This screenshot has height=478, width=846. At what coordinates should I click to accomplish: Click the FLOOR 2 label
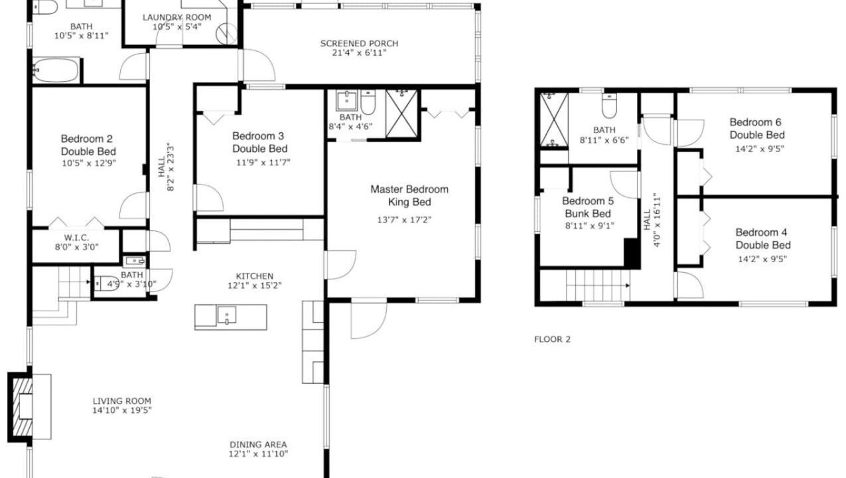point(552,339)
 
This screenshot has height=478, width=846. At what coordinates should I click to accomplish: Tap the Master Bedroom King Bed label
point(409,195)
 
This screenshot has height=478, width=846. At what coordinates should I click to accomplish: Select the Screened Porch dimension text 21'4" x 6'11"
point(359,53)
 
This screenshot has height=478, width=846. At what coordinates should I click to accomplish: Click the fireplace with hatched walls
point(21,406)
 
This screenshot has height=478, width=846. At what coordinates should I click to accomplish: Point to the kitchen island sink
point(227,315)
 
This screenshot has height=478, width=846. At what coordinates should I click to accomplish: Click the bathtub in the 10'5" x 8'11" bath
point(56,70)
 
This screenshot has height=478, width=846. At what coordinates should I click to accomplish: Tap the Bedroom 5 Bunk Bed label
point(588,207)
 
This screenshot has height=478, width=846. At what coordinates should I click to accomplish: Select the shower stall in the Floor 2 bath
point(554,119)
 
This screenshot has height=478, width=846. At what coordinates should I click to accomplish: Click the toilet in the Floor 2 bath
point(609,106)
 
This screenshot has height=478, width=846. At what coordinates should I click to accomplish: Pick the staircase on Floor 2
point(597,285)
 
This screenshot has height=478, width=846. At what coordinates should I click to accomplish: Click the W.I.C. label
point(77,238)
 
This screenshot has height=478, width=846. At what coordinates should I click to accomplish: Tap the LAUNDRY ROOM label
point(176,17)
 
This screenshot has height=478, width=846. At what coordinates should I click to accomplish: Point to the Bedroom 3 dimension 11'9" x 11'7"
point(263,163)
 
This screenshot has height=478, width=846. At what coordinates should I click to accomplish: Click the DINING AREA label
point(258,445)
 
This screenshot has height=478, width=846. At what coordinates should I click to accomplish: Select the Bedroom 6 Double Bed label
point(757,129)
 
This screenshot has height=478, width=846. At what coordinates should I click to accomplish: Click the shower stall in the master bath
point(402,114)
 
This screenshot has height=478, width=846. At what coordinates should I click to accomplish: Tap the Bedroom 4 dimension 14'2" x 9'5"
point(762,259)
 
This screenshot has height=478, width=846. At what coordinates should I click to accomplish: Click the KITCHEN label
point(255,276)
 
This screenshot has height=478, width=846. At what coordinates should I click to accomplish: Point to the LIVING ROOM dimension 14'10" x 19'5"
point(122,410)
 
